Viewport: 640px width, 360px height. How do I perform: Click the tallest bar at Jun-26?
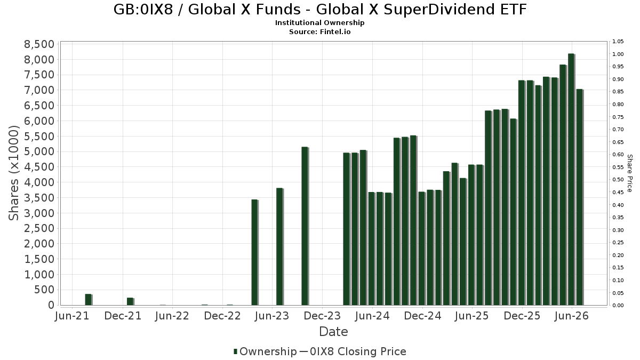(571, 179)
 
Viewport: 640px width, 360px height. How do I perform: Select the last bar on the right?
(579, 197)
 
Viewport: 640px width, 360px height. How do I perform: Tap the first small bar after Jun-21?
(89, 299)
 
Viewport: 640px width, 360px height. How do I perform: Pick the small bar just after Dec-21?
(130, 301)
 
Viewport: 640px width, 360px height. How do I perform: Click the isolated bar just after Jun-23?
(279, 246)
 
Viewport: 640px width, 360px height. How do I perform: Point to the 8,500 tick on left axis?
(39, 44)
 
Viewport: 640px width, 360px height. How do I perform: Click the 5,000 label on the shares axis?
(39, 151)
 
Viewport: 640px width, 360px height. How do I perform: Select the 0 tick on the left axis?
(51, 305)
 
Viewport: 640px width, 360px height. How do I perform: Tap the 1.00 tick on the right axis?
(618, 54)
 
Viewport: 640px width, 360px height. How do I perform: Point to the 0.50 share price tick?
(618, 179)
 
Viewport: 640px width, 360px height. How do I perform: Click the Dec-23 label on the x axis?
(322, 316)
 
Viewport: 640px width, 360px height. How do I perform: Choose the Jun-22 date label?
(172, 316)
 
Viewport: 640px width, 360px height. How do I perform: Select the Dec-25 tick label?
(522, 316)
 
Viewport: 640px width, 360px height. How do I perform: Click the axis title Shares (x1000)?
(13, 173)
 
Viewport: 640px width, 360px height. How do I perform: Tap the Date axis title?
(333, 332)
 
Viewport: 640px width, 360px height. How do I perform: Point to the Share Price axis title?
(630, 173)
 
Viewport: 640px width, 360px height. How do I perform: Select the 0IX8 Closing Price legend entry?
(353, 351)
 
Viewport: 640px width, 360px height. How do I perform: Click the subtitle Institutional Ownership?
(319, 23)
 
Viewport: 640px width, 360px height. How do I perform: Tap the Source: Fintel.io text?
(319, 31)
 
